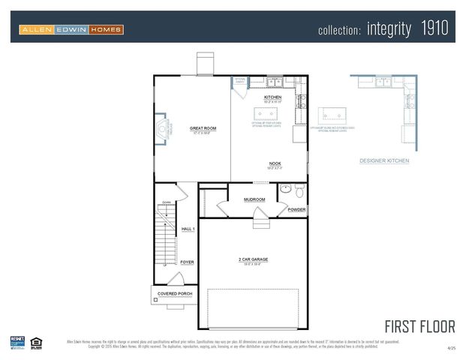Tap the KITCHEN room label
272,97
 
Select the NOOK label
275,163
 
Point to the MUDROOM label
254,199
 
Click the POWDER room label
296,210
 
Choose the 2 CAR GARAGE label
253,259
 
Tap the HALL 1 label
188,229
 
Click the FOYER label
187,262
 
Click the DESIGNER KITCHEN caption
384,160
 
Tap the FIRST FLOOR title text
419,326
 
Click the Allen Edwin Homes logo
71,29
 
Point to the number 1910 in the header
434,28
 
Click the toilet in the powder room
299,190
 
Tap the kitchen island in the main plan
266,114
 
